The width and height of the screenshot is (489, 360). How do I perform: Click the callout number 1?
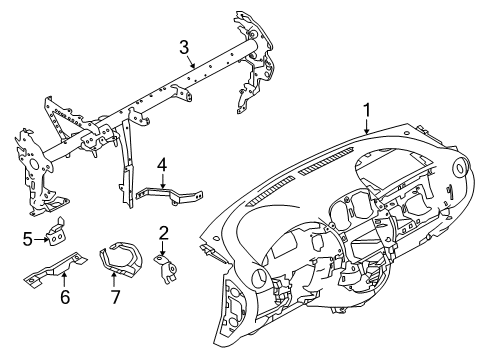[367, 110]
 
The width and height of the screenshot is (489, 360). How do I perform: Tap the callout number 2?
[163, 233]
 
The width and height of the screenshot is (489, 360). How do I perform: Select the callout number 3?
[184, 47]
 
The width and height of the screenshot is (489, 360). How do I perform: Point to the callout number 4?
[162, 166]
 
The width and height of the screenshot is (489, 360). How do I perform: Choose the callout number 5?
[28, 239]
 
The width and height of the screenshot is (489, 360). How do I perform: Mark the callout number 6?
[65, 297]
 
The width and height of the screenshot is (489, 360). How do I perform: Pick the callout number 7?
[115, 297]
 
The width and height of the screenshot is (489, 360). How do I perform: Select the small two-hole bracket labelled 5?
[57, 233]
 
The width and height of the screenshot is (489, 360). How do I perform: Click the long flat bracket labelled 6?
[55, 269]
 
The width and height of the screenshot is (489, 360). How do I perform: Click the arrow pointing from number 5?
[41, 239]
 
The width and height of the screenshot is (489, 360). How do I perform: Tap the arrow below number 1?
[367, 127]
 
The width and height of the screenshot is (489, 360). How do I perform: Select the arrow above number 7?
[113, 280]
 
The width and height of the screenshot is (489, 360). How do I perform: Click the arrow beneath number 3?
[191, 62]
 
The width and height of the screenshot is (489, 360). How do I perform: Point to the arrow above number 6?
[64, 280]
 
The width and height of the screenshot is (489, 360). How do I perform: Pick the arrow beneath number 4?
[163, 182]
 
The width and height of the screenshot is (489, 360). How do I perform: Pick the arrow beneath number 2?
[162, 249]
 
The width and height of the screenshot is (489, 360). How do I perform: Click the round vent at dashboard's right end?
[461, 166]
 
